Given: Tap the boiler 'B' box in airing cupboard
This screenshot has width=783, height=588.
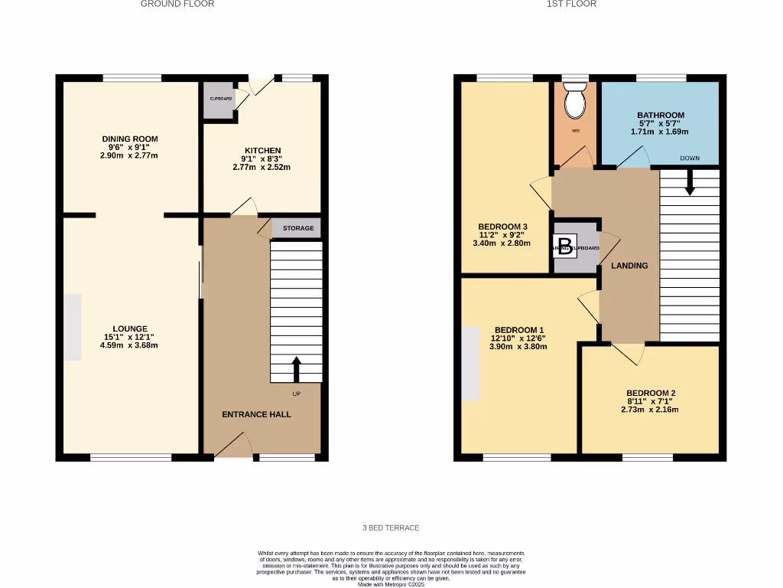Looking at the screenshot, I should click(x=565, y=247).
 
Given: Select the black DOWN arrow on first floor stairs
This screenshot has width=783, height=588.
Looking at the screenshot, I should click(x=689, y=182).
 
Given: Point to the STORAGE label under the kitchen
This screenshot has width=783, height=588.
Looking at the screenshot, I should click(x=297, y=228).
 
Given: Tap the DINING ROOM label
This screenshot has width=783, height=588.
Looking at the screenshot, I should click(x=130, y=139).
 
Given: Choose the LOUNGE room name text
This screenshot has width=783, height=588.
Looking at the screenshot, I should click(x=129, y=328).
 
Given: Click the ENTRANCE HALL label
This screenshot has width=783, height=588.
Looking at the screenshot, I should click(x=256, y=414).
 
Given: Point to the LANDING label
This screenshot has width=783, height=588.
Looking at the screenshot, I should click(x=629, y=266).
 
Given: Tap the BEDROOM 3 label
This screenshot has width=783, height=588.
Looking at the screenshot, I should click(x=502, y=227).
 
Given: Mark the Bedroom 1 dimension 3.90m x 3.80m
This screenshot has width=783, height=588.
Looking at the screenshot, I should click(x=518, y=346).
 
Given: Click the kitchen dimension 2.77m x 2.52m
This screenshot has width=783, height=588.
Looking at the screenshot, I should click(x=262, y=167).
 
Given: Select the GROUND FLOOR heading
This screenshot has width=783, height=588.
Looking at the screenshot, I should click(x=177, y=4).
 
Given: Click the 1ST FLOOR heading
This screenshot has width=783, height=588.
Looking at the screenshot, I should click(x=571, y=4).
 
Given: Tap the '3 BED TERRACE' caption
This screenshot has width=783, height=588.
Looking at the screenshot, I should click(x=391, y=528).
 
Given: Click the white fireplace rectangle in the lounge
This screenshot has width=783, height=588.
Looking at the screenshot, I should click(x=73, y=327).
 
